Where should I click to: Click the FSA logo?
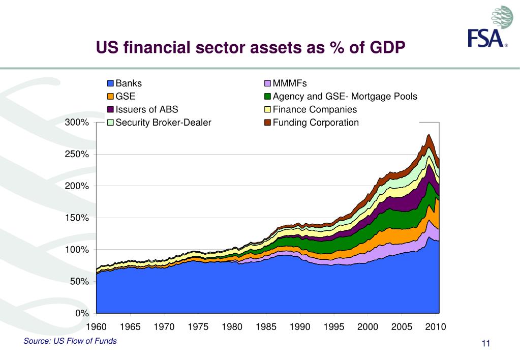point(489,28)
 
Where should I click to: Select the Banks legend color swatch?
point(110,83)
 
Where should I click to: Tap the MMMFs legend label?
point(290,83)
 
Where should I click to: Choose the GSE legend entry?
point(125,97)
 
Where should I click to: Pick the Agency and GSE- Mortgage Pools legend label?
point(345,97)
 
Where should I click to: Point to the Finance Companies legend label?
point(315,109)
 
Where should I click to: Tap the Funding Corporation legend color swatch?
point(267,123)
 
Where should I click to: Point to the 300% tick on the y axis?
point(77,123)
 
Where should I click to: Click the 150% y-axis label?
point(77,218)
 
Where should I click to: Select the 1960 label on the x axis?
point(97,327)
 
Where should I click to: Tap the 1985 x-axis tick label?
point(266,327)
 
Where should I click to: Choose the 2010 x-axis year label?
point(436,327)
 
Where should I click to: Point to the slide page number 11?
point(485,345)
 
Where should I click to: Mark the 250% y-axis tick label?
point(77,154)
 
